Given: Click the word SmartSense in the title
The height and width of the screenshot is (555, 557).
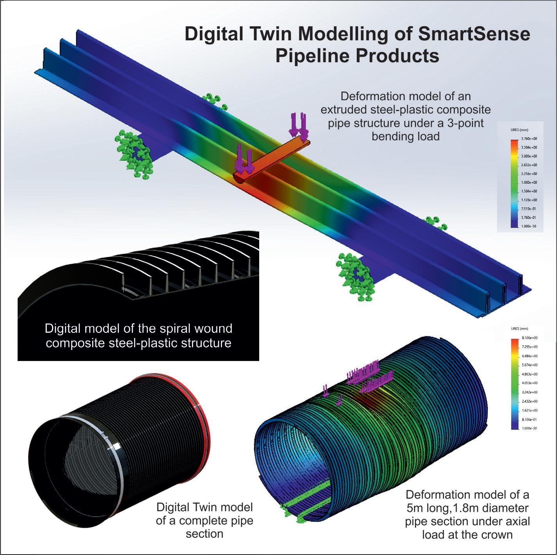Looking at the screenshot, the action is (x=474, y=34).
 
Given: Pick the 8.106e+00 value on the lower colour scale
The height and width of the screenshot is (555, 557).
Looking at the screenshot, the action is (x=528, y=338).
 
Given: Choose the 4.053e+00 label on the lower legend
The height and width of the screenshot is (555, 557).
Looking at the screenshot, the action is (x=528, y=383).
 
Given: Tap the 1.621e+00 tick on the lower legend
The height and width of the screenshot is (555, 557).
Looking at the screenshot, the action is (x=528, y=410).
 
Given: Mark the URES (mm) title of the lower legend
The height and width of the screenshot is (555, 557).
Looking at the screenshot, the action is (x=519, y=329).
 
